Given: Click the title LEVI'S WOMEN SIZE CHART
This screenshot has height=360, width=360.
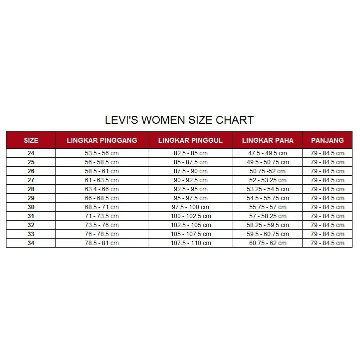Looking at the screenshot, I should point(179,120).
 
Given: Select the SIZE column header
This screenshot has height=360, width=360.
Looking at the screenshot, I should point(31,140).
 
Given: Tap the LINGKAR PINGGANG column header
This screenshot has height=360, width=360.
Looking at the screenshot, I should point(102,140).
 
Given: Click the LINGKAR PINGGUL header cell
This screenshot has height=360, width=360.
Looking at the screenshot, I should point(190,140).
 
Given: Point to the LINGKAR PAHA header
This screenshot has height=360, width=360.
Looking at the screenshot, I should point(268,140).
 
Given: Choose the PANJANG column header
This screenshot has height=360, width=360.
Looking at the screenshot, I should point(327,140).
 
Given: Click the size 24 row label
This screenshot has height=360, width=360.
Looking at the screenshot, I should point(31,153).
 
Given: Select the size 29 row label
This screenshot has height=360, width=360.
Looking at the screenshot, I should point(31,198).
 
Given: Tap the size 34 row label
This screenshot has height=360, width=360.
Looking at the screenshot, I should point(31,243).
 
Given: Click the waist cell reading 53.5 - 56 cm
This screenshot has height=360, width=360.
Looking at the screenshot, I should point(102,153).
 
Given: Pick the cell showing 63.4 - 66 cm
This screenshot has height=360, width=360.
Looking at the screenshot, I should point(102,189).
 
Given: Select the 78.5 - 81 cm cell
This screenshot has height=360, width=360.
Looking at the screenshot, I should point(102,243).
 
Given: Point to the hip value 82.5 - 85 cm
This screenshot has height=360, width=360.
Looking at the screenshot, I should point(190,153).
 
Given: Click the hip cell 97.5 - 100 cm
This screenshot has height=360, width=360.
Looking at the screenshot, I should point(190,207).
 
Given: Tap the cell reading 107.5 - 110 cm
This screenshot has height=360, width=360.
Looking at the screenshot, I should point(190,243).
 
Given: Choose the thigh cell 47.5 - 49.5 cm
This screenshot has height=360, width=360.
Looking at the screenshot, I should point(268,153).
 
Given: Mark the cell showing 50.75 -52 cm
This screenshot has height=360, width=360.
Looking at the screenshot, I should point(268,171).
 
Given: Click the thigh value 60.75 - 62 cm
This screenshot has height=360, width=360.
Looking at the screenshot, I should point(268,243).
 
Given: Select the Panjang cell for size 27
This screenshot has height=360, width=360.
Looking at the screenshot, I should point(327,180).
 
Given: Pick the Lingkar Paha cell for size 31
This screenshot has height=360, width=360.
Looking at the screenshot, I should point(268,216).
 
